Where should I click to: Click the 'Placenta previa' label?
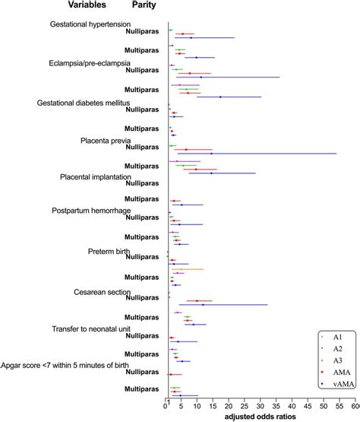click(x=106, y=141)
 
